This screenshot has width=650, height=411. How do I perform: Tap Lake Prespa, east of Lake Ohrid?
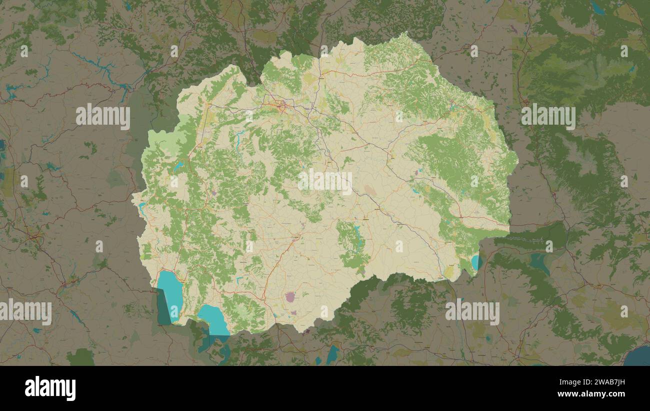pyautogui.click(x=214, y=319)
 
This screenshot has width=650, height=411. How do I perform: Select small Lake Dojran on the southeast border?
pyautogui.click(x=474, y=262)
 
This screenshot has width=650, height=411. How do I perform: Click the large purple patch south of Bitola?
pyautogui.click(x=290, y=297)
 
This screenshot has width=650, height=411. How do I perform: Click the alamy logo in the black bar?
pyautogui.click(x=50, y=388)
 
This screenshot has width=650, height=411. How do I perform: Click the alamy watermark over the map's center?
pyautogui.click(x=325, y=181)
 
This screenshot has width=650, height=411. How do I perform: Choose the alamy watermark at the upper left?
pyautogui.click(x=103, y=116)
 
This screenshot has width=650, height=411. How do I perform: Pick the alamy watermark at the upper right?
pyautogui.click(x=548, y=116)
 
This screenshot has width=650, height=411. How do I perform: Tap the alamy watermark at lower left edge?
pyautogui.click(x=25, y=312)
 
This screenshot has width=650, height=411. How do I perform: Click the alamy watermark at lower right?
pyautogui.click(x=472, y=312)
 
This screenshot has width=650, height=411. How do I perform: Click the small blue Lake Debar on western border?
pyautogui.click(x=142, y=208)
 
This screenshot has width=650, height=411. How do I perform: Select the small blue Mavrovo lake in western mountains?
pyautogui.click(x=178, y=167)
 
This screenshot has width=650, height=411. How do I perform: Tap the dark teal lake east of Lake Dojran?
pyautogui.click(x=539, y=262)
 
